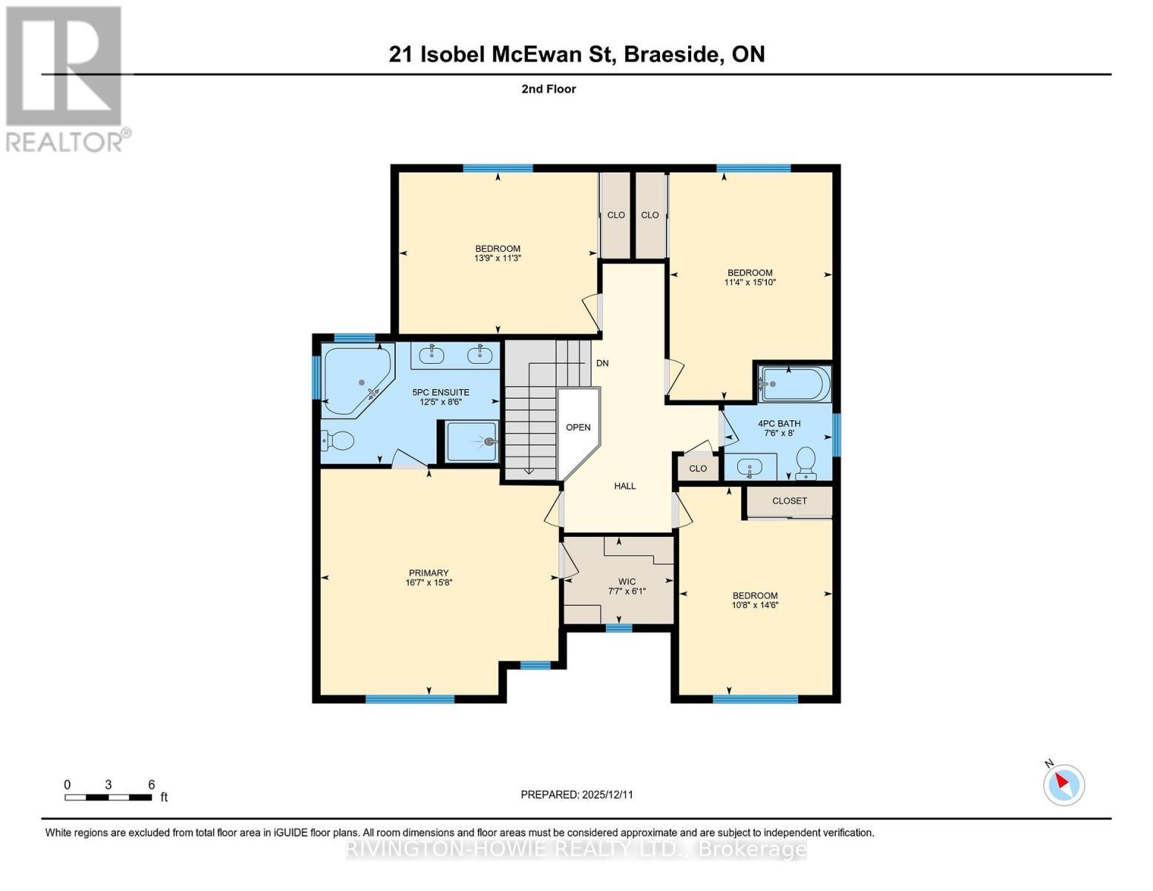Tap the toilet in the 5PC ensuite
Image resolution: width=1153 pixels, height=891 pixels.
point(338,441)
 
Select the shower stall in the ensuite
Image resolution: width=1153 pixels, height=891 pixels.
point(472,442)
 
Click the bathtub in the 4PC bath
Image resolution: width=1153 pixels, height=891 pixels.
point(793,384)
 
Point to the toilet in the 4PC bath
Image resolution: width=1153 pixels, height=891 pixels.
point(806,463)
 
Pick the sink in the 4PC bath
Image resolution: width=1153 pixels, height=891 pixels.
point(750,469)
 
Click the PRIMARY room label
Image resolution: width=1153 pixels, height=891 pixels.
point(428,572)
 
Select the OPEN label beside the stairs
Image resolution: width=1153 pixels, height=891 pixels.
point(578,427)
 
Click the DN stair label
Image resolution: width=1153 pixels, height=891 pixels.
point(602,363)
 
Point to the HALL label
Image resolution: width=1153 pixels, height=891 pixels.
point(624,486)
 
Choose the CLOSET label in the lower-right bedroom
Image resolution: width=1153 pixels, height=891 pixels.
point(788,500)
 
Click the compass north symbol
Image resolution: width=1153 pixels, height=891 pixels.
point(1064,784)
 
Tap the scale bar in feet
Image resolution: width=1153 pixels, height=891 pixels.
point(108,797)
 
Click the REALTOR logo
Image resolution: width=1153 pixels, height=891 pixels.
point(65,79)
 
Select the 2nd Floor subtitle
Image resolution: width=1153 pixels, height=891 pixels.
point(549,89)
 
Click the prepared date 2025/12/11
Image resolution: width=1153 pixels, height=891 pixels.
point(577,794)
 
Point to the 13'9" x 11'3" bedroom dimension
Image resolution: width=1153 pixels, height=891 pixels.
point(497,258)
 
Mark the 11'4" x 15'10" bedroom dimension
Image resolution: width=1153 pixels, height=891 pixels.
point(750,282)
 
